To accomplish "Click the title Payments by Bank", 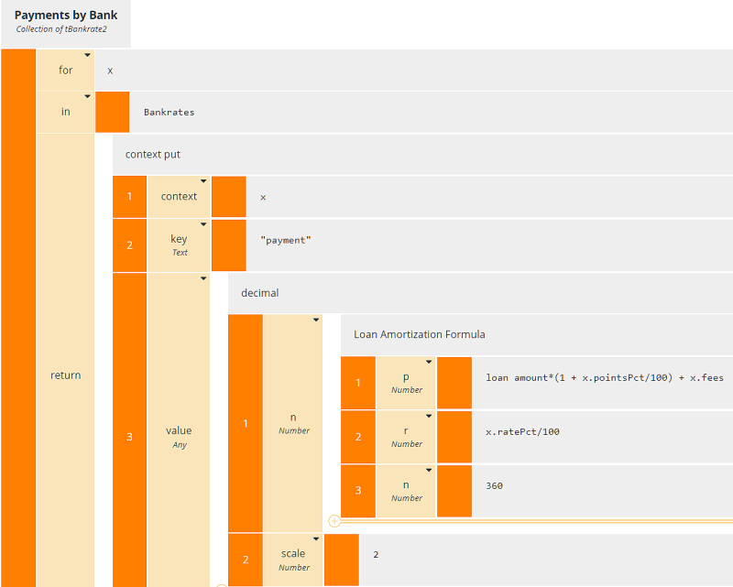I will (66, 16).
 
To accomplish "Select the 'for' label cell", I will (65, 71).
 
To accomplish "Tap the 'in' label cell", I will (65, 113).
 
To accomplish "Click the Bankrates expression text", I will (169, 113).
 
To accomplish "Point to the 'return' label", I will (65, 375).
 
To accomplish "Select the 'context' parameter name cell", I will (179, 196).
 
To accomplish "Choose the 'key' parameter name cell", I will (179, 245).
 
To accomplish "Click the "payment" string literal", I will (286, 241).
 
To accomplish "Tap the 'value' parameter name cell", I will (179, 436).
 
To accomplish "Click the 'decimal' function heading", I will (259, 293).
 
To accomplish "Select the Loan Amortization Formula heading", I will (419, 334).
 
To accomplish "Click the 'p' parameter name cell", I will (407, 383).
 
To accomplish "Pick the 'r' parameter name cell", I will (407, 436).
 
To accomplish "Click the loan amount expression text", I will (605, 377).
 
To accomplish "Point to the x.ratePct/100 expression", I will (522, 431).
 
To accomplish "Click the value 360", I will (494, 485).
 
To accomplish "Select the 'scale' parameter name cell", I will (293, 560).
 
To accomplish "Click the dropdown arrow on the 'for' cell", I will (88, 55).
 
